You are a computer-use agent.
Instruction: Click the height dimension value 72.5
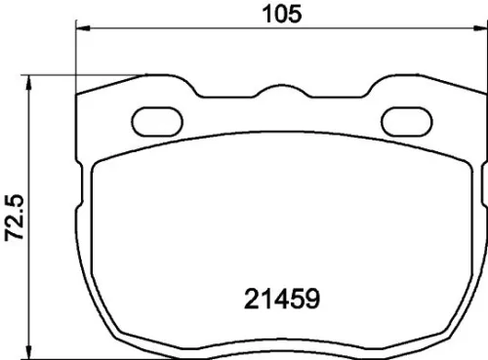tap(14, 216)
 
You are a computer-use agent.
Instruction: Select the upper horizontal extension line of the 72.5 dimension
tap(88, 74)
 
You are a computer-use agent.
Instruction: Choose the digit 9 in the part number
tap(312, 294)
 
